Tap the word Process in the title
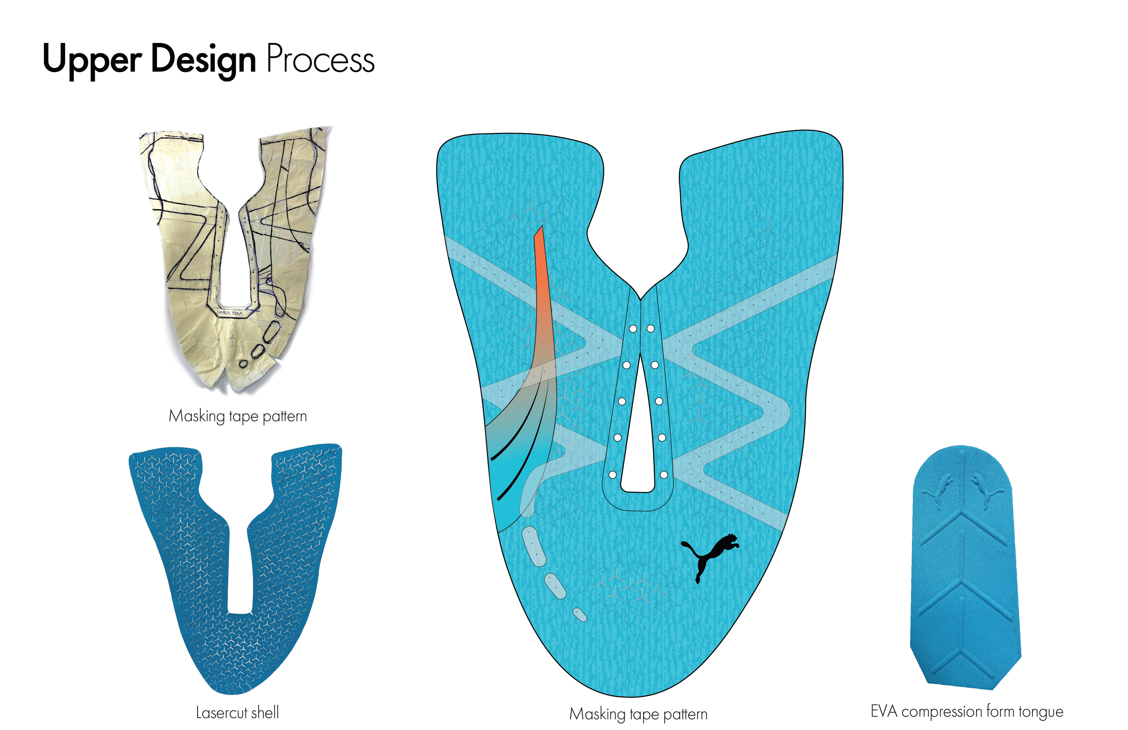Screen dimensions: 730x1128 (320, 60)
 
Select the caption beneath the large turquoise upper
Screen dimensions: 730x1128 (638, 714)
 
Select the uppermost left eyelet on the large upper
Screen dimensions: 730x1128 (633, 328)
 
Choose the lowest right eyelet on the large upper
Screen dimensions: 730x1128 (664, 474)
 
